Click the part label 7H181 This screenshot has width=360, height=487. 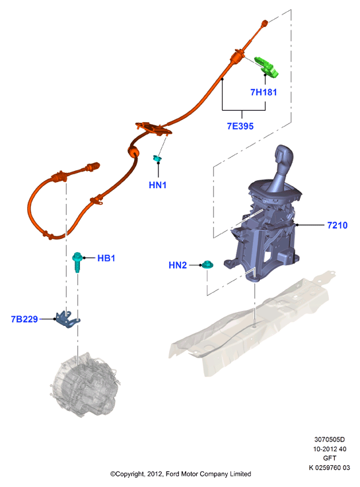(x=264, y=92)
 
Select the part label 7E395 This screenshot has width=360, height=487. (x=240, y=126)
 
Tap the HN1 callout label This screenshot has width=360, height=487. (x=158, y=185)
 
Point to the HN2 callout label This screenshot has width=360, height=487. (x=178, y=265)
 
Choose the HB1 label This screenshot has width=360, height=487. (x=106, y=258)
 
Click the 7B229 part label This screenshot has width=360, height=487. (x=24, y=319)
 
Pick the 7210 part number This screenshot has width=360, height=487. (x=338, y=225)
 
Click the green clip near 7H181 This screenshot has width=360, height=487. (x=266, y=67)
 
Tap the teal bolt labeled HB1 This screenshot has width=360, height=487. (x=77, y=262)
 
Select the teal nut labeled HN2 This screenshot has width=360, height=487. (x=207, y=265)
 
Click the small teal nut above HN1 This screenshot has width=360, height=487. (x=158, y=158)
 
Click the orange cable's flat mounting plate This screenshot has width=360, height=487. (x=153, y=129)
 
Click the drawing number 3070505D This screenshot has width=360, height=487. (x=330, y=439)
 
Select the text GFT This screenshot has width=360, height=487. (x=330, y=458)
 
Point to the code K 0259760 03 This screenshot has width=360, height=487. (x=329, y=467)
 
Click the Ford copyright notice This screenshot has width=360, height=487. (x=180, y=474)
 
